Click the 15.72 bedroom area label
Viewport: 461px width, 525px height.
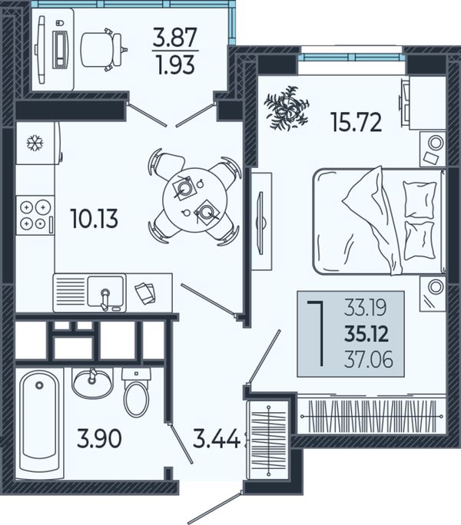356,122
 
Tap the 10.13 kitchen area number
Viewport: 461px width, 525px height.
95,218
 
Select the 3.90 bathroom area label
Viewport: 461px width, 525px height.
99,438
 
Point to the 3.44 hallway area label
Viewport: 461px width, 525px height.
216,438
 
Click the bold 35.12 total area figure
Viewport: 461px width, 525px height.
366,334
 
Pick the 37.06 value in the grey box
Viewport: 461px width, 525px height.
369,360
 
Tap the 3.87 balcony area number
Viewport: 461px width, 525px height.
174,37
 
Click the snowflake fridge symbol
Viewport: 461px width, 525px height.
35,143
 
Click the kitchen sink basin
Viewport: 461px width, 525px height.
105,292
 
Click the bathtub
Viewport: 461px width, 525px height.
39,423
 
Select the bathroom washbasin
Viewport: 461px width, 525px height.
92,383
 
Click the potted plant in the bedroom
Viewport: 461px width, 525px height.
286,107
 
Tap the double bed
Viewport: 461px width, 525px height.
380,221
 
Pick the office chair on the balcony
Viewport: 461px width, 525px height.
104,50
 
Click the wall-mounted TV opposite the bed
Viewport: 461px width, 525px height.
260,222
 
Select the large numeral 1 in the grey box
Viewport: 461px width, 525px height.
317,333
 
